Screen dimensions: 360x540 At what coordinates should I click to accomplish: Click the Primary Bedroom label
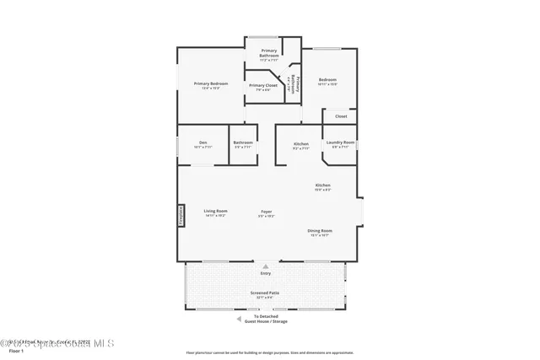pyautogui.click(x=211, y=83)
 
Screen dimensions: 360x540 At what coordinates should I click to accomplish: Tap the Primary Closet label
pyautogui.click(x=263, y=85)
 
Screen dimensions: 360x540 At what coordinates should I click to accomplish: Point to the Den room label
pyautogui.click(x=202, y=142)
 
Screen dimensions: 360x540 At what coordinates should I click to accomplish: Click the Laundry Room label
pyautogui.click(x=340, y=142)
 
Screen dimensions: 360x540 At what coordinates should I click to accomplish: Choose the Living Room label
pyautogui.click(x=215, y=211)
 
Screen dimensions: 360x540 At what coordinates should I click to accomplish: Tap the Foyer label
pyautogui.click(x=266, y=211)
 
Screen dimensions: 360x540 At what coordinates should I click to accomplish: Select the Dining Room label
pyautogui.click(x=320, y=230)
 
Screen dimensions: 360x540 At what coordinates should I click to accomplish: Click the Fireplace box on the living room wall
pyautogui.click(x=180, y=216)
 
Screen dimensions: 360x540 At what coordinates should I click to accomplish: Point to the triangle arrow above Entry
pyautogui.click(x=266, y=266)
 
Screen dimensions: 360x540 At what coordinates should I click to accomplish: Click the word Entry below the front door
pyautogui.click(x=266, y=274)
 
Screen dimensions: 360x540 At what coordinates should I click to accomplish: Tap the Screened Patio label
pyautogui.click(x=264, y=293)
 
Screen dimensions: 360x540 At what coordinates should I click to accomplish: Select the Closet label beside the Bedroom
pyautogui.click(x=341, y=116)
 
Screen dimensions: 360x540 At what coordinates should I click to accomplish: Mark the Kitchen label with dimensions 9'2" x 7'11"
pyautogui.click(x=301, y=143)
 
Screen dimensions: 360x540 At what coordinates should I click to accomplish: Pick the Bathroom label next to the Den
pyautogui.click(x=243, y=142)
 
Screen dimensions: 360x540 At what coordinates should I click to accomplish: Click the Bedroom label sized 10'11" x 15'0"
pyautogui.click(x=327, y=80)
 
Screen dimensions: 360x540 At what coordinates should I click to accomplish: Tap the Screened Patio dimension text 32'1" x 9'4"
pyautogui.click(x=264, y=298)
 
